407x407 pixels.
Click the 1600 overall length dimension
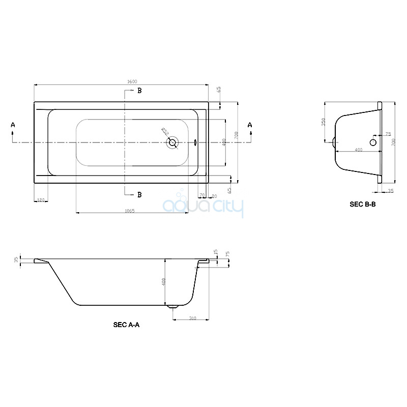(132, 82)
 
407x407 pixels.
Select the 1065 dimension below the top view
(129, 211)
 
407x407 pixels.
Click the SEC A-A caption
(126, 324)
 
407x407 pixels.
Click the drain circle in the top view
(173, 143)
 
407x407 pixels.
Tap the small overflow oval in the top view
(196, 143)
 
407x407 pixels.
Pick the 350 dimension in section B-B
(323, 123)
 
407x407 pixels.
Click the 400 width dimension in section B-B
(358, 150)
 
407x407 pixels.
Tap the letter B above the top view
(138, 91)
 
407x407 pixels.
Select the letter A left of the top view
(13, 125)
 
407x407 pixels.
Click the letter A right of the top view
(250, 125)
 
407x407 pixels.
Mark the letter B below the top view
(138, 195)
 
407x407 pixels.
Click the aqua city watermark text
(203, 207)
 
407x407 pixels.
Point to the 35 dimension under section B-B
(391, 191)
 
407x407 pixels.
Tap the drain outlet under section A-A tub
(173, 307)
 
